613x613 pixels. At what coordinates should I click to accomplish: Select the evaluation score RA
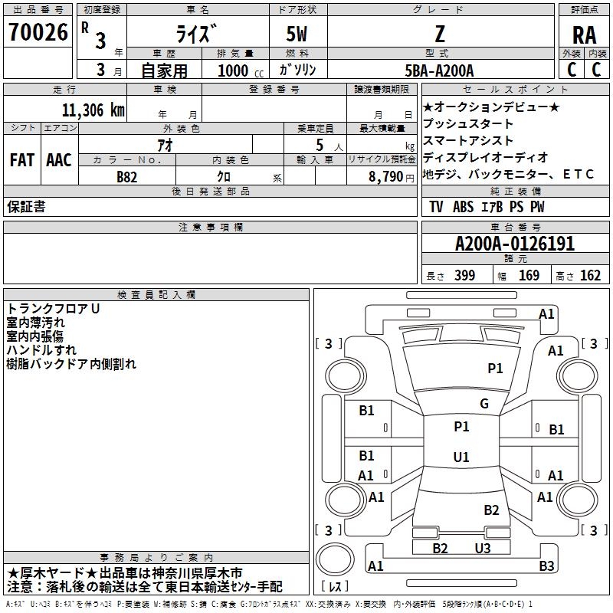pyautogui.click(x=584, y=34)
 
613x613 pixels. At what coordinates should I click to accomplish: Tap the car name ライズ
pyautogui.click(x=195, y=34)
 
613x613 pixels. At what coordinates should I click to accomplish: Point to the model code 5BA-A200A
pyautogui.click(x=439, y=71)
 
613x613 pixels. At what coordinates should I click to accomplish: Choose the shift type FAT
pyautogui.click(x=22, y=160)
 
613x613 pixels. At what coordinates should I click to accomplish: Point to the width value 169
pyautogui.click(x=529, y=276)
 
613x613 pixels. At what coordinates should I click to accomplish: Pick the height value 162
pyautogui.click(x=590, y=276)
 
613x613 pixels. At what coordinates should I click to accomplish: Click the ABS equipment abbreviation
pyautogui.click(x=463, y=207)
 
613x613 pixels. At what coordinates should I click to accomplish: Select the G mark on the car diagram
pyautogui.click(x=484, y=404)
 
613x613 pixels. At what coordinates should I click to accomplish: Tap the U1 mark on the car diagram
pyautogui.click(x=461, y=457)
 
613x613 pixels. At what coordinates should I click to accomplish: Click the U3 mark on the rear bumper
pyautogui.click(x=482, y=548)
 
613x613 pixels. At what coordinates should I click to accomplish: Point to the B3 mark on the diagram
pyautogui.click(x=546, y=566)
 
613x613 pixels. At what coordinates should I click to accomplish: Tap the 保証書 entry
pyautogui.click(x=26, y=207)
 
